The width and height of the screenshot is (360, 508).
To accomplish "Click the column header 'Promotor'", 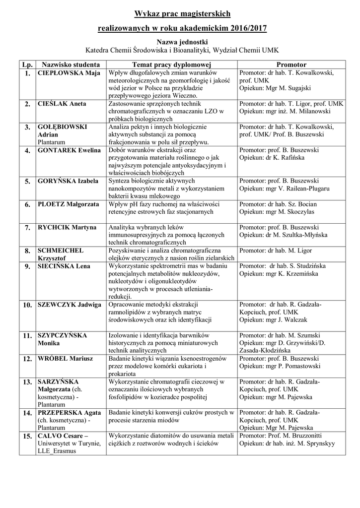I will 291,65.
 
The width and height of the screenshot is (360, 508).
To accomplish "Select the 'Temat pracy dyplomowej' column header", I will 172,65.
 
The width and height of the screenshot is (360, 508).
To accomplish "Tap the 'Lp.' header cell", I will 26,65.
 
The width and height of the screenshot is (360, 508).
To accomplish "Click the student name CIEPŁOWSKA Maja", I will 69,73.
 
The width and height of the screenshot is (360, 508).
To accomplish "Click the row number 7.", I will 27,228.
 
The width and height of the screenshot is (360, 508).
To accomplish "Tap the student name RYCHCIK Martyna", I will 67,227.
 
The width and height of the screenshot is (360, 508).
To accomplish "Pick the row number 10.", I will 27,305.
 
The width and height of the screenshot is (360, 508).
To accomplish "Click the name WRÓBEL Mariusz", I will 64,358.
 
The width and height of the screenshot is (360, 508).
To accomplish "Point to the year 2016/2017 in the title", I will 246,29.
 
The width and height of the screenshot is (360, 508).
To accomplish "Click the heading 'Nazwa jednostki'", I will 182,42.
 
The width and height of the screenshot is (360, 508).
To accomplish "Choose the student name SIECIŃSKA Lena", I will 64,266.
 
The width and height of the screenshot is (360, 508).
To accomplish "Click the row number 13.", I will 26,382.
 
